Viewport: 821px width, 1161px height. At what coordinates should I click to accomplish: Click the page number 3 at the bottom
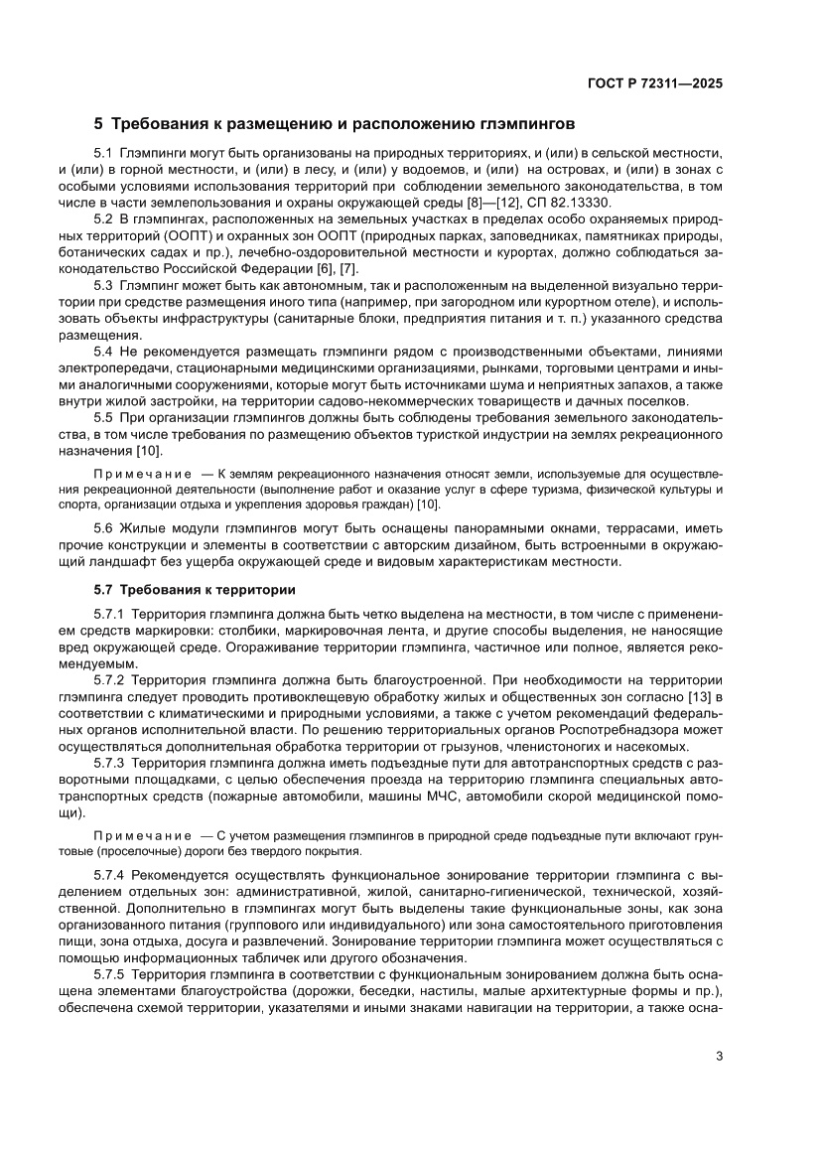(719, 1056)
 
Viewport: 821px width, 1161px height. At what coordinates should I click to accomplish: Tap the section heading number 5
(98, 125)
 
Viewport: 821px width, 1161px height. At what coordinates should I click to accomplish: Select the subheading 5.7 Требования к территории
(189, 587)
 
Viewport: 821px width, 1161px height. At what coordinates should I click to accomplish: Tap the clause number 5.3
(103, 283)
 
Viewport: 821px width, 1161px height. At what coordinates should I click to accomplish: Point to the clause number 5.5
(103, 417)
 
